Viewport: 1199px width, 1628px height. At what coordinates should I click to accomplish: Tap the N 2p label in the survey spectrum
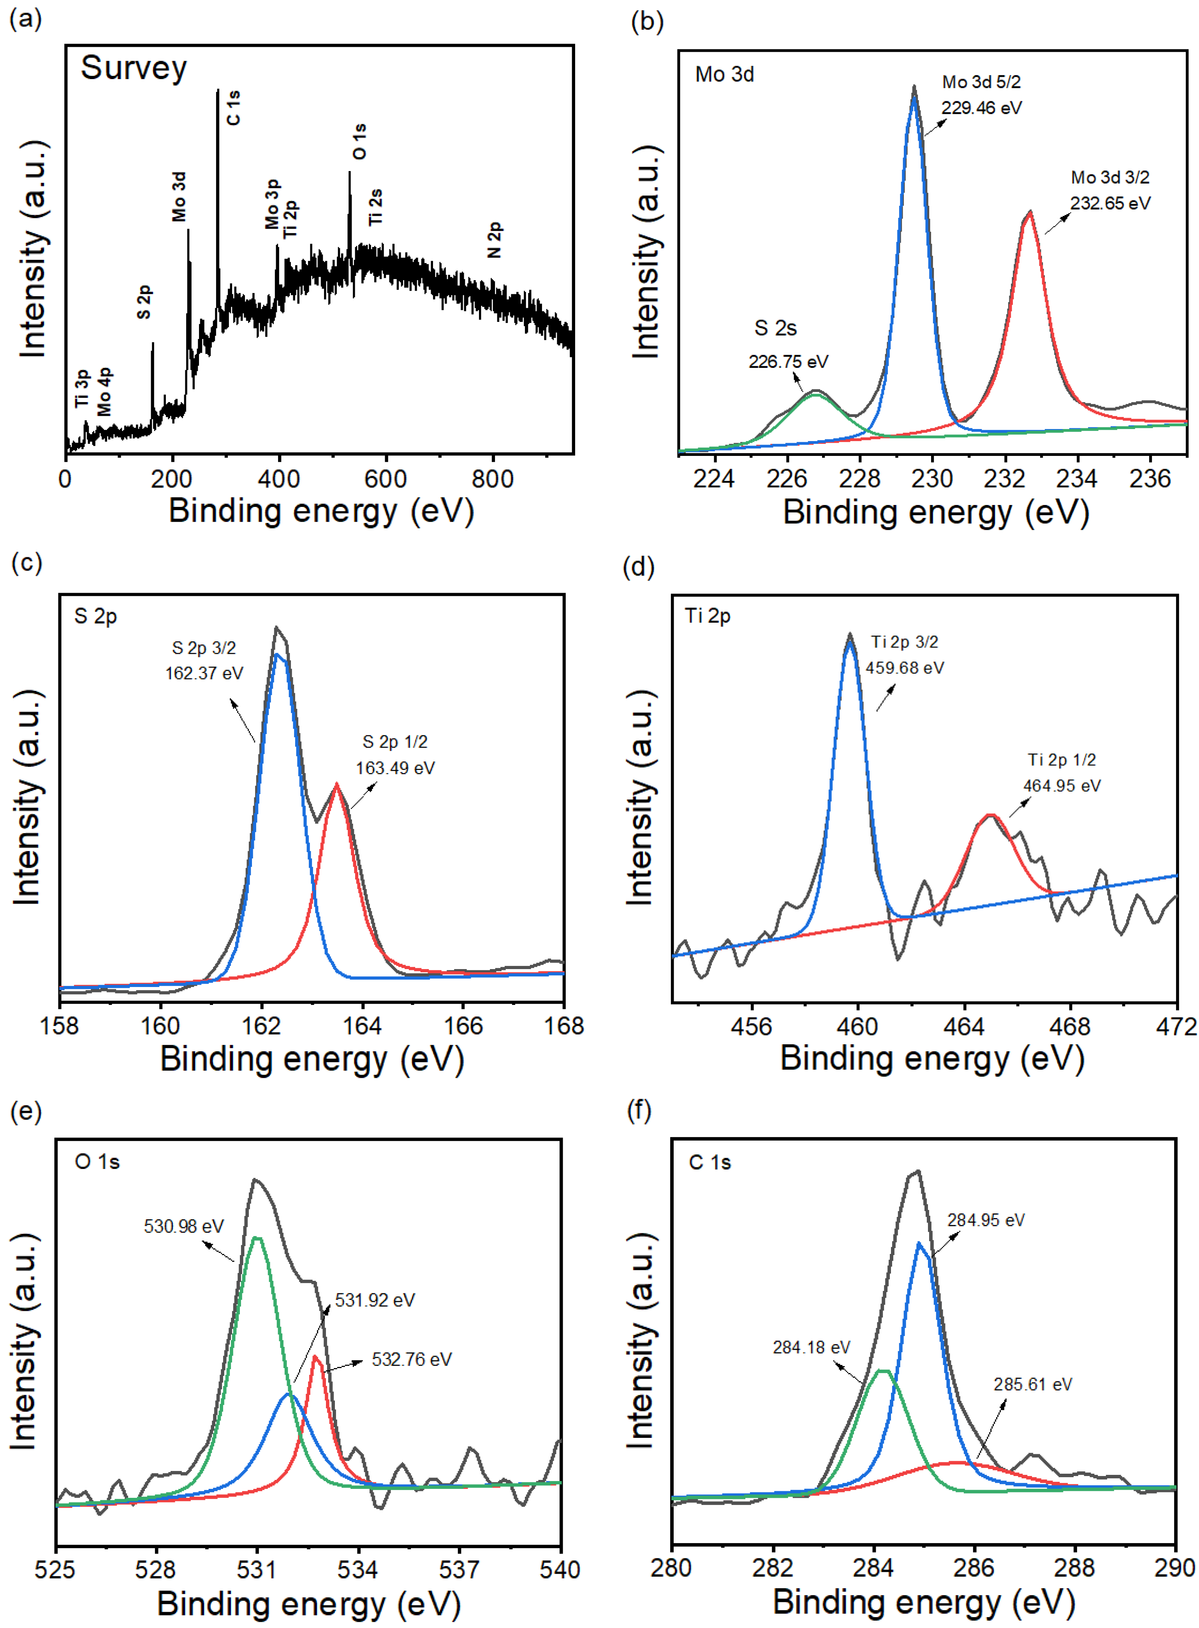494,240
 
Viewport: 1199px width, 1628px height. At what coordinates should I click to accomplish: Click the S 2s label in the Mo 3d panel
775,328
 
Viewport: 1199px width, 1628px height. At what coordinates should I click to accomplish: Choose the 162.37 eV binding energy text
204,673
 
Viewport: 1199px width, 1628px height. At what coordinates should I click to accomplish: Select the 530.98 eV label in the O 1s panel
184,1226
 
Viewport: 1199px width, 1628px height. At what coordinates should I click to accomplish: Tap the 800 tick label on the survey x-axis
493,479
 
